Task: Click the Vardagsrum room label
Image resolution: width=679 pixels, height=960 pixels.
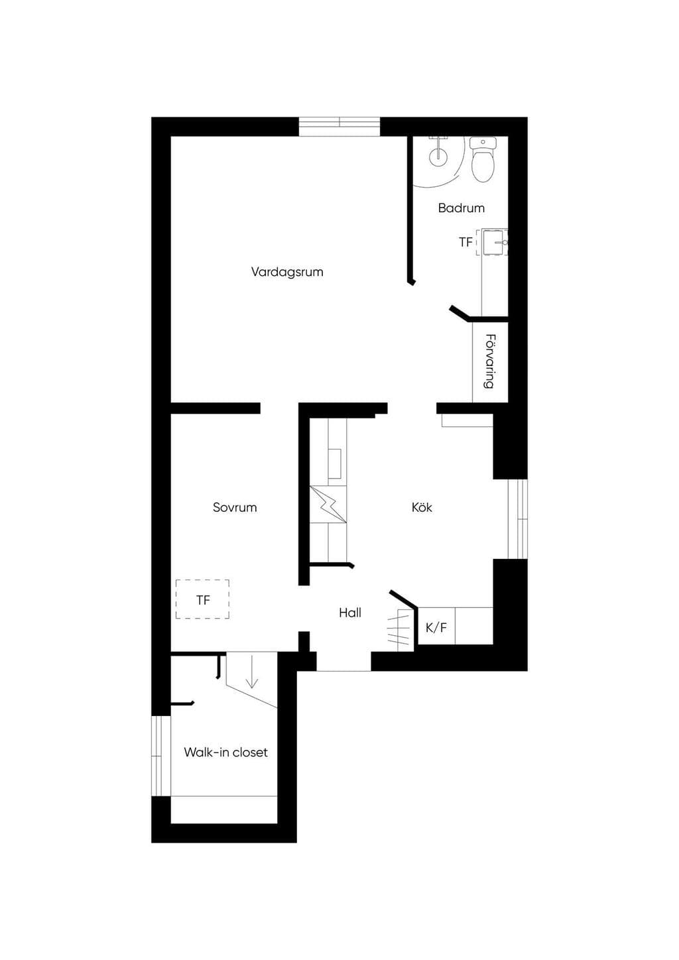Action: click(286, 272)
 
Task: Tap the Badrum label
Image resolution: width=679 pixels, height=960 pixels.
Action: click(462, 208)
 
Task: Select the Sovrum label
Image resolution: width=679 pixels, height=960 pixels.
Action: click(235, 507)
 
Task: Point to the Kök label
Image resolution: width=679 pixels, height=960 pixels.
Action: click(422, 507)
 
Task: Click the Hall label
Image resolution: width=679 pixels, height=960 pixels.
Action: click(350, 613)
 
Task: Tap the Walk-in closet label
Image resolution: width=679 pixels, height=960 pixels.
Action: click(226, 752)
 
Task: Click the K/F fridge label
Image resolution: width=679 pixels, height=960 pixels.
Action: click(436, 628)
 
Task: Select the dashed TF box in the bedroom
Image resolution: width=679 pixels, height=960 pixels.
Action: click(202, 599)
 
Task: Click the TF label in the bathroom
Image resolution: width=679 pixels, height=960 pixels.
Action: click(465, 242)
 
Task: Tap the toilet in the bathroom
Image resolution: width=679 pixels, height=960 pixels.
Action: click(482, 159)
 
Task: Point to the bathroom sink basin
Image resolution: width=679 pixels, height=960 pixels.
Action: click(495, 242)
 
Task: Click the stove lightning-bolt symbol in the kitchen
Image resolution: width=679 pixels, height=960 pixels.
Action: click(328, 504)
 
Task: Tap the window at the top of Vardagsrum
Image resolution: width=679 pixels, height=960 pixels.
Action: click(339, 127)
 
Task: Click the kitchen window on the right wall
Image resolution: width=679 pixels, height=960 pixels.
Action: click(518, 519)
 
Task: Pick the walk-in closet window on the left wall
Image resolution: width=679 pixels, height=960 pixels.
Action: click(161, 756)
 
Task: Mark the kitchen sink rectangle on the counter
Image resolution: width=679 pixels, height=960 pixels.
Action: click(335, 463)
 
